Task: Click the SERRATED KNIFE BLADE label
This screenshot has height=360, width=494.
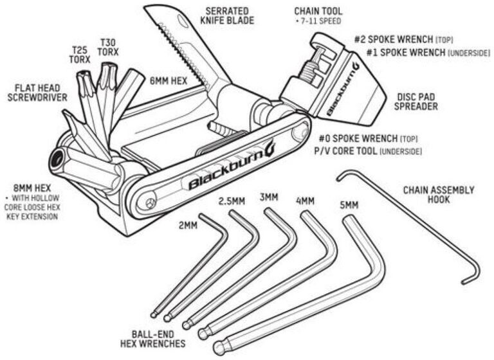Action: [x=228, y=15]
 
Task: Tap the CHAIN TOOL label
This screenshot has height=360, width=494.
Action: [x=318, y=12]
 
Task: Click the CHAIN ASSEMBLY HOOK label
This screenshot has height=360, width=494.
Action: [x=439, y=195]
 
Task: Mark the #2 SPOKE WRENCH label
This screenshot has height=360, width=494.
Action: [x=396, y=39]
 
